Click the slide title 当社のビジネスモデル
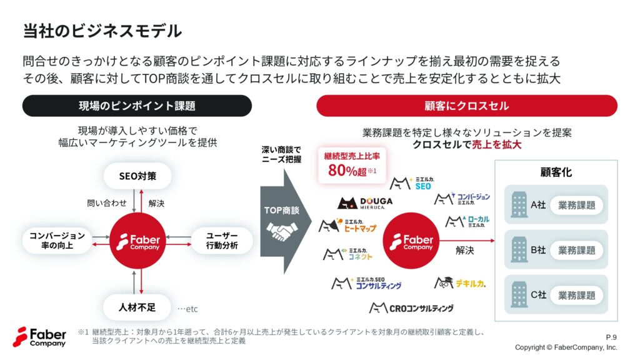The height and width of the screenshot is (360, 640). pyautogui.click(x=102, y=31)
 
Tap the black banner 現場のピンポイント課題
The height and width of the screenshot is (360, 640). pyautogui.click(x=137, y=106)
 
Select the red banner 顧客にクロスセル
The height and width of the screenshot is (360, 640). pyautogui.click(x=466, y=106)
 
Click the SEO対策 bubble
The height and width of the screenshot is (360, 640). pyautogui.click(x=137, y=176)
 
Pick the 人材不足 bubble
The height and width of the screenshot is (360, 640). pyautogui.click(x=137, y=307)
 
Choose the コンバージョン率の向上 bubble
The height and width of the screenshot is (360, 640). pyautogui.click(x=57, y=241)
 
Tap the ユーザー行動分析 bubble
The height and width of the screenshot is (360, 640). pyautogui.click(x=222, y=241)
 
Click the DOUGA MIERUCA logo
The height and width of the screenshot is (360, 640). pyautogui.click(x=365, y=203)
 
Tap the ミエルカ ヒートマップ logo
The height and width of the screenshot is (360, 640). pyautogui.click(x=347, y=225)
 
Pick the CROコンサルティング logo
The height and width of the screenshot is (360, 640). pyautogui.click(x=411, y=307)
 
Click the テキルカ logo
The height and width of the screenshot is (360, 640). pyautogui.click(x=460, y=283)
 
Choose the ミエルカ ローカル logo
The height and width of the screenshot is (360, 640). pyautogui.click(x=467, y=222)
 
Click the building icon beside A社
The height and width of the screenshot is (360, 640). pyautogui.click(x=519, y=204)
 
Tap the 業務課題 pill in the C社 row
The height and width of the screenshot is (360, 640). pyautogui.click(x=577, y=295)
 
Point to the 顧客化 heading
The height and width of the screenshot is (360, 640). pyautogui.click(x=556, y=172)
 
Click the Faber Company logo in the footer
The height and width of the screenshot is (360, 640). pyautogui.click(x=39, y=337)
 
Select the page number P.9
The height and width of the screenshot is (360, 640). pyautogui.click(x=611, y=337)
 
